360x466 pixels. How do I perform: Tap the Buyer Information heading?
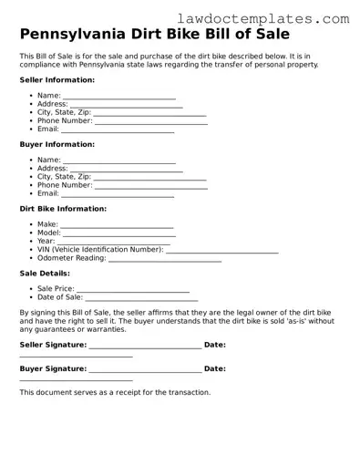coord(57,144)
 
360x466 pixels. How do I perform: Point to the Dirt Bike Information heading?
coord(63,209)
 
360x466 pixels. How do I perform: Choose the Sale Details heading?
coord(45,274)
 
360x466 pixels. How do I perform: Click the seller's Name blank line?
coord(119,97)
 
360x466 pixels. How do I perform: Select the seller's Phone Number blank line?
coord(150,121)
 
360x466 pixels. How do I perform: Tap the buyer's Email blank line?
coord(118,194)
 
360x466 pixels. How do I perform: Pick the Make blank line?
coord(117,226)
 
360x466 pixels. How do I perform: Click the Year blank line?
coord(114,243)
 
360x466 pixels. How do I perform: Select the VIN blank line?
coord(222,251)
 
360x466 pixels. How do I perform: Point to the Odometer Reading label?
coord(72,258)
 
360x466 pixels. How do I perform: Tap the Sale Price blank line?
coord(133,290)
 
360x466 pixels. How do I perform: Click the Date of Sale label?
coord(60,298)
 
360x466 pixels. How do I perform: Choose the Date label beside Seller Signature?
coord(215,345)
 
